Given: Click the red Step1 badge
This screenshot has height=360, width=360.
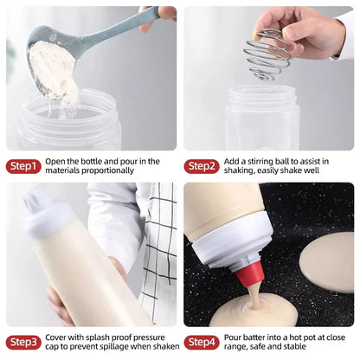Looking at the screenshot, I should [x=22, y=165].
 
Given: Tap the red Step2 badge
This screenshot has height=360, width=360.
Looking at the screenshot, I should [x=201, y=165].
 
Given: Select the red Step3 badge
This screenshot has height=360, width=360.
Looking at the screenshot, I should [x=22, y=342].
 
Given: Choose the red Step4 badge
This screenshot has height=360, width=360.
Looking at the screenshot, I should [x=201, y=342].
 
